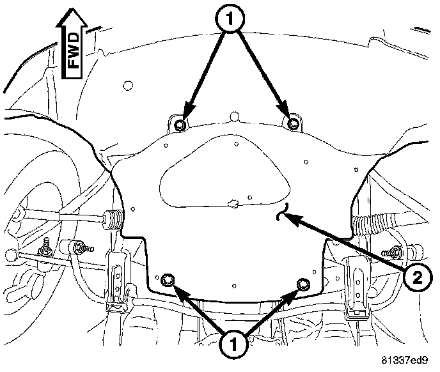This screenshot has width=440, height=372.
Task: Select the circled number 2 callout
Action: click(x=416, y=277)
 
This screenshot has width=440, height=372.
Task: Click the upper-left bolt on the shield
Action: click(x=181, y=124)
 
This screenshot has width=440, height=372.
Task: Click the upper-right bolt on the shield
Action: click(x=293, y=123)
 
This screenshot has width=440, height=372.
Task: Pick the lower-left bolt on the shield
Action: click(x=169, y=279)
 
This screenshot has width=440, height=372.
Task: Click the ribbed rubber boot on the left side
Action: click(x=113, y=219)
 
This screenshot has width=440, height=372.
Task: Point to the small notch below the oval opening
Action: click(x=234, y=205)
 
